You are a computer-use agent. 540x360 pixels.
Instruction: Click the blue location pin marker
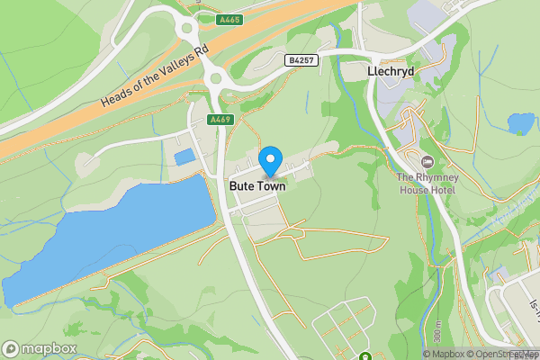[x=269, y=161]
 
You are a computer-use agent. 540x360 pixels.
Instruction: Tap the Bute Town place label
[x=257, y=186]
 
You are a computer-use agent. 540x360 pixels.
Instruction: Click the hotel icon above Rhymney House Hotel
[x=427, y=161]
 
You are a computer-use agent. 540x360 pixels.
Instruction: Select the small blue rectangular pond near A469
[x=184, y=157]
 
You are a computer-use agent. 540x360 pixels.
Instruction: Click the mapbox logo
[x=39, y=348]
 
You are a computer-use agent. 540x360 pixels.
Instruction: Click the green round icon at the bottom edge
[x=365, y=355]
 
